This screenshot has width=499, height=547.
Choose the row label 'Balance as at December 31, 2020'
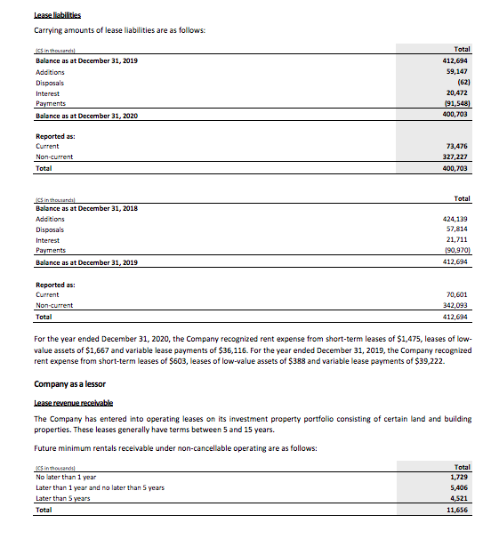(86, 116)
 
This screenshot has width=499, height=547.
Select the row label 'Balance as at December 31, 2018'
(86, 207)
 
